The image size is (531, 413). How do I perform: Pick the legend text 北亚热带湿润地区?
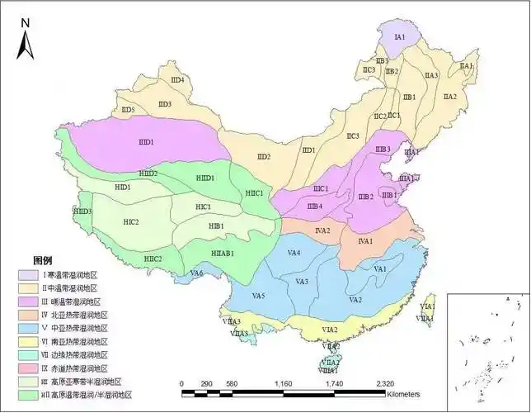click(74, 315)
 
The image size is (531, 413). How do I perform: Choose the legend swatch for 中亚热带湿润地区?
click(25, 328)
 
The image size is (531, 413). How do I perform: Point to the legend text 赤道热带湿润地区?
click(74, 368)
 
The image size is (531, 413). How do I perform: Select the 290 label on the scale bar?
click(206, 384)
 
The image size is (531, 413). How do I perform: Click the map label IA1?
click(401, 37)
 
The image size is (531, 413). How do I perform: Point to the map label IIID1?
click(146, 143)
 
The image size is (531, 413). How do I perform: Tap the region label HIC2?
click(130, 222)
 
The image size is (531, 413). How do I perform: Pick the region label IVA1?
click(366, 241)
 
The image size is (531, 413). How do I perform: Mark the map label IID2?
click(263, 157)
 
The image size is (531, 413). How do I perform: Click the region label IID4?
click(176, 80)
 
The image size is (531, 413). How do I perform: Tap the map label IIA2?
click(449, 97)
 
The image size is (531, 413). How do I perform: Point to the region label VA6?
click(196, 273)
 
